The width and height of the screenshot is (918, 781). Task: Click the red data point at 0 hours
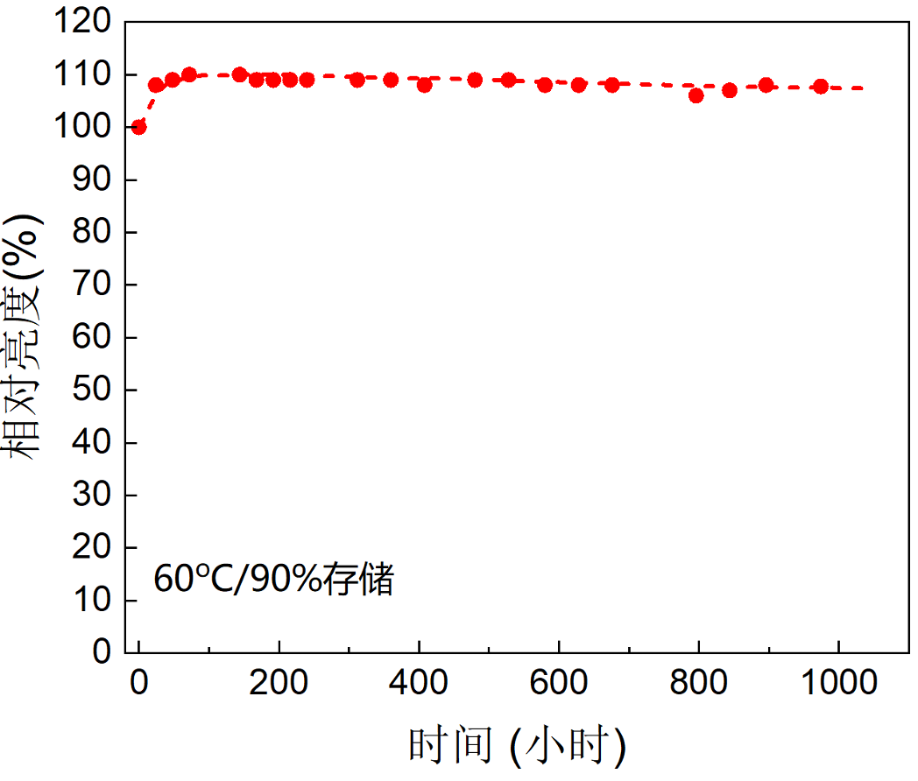(138, 127)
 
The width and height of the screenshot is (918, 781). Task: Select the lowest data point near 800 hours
(696, 95)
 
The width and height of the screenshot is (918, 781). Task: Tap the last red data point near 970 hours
(821, 87)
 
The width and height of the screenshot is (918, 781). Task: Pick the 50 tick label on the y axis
(96, 390)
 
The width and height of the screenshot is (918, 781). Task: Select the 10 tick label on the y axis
(96, 601)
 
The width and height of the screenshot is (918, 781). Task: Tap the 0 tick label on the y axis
(104, 652)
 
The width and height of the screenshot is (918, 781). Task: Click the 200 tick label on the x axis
(279, 682)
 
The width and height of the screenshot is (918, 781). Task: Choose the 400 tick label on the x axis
(419, 682)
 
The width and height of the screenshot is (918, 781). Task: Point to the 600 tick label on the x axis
(559, 682)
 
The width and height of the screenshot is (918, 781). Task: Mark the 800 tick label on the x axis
(699, 682)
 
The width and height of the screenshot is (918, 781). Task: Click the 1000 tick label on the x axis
(839, 682)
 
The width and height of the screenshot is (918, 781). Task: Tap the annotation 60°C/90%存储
(273, 580)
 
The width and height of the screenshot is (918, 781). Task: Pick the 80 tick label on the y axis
(96, 233)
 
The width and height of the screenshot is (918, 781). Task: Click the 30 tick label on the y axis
(96, 496)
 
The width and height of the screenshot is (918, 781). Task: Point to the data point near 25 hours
(156, 85)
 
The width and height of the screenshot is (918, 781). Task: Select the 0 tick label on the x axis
(138, 682)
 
